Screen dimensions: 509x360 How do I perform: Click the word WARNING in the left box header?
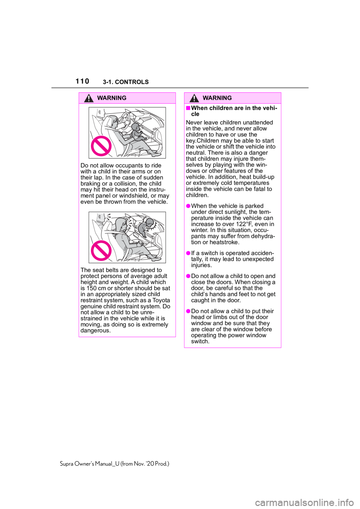click(111, 98)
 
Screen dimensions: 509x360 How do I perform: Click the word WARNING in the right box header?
click(217, 98)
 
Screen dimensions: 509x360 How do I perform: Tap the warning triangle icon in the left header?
click(88, 99)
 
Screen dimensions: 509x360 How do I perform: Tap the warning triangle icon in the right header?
click(194, 99)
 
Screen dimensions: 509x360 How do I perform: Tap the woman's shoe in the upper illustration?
click(156, 154)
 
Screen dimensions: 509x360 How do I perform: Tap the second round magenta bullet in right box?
click(188, 253)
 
